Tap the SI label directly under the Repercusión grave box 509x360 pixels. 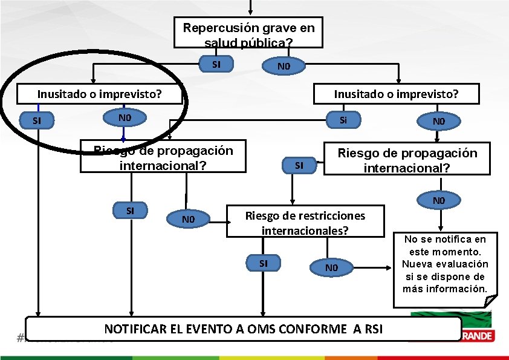(x=216, y=64)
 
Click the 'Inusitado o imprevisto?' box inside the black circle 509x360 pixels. (x=100, y=94)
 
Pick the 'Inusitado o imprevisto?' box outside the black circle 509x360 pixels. (x=396, y=94)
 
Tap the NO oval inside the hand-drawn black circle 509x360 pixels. (x=125, y=117)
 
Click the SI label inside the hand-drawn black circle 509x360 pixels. (x=37, y=120)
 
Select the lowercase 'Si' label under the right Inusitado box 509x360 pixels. (x=343, y=120)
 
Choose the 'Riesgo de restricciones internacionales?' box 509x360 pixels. (x=305, y=222)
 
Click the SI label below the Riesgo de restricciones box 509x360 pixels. (x=264, y=263)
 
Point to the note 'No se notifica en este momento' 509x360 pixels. (x=444, y=264)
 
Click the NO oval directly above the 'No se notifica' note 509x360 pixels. (x=439, y=200)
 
